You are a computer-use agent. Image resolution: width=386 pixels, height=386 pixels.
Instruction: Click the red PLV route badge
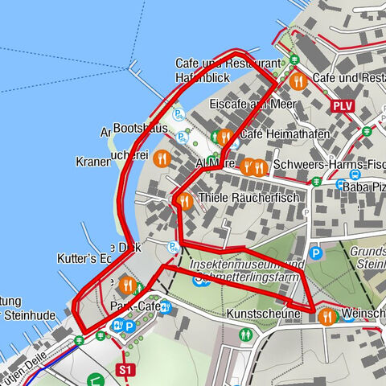coord(341,105)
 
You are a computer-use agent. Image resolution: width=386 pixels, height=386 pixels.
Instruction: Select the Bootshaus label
coord(141,128)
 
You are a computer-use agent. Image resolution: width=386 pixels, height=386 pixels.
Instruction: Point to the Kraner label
coord(92,162)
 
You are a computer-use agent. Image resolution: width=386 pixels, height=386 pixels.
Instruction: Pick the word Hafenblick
coord(204,77)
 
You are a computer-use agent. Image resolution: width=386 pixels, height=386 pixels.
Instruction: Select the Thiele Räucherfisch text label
coord(248,198)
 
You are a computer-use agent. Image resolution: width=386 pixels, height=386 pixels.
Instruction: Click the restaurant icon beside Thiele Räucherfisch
coord(184,201)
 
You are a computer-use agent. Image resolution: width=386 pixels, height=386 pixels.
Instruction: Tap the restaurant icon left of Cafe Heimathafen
coord(225,137)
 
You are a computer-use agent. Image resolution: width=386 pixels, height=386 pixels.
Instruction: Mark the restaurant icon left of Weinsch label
coord(326,317)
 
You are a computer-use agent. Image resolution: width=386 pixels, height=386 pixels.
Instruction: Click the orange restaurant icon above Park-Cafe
coord(127,285)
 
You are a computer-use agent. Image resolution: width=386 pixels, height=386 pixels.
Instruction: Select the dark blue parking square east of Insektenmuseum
coord(316,253)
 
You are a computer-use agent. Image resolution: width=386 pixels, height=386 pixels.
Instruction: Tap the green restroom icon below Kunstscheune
coord(244,334)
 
